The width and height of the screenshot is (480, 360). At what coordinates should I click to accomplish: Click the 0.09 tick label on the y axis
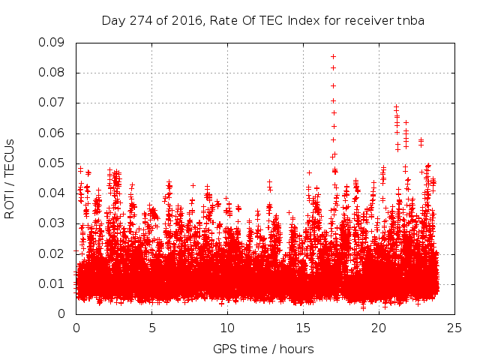[54, 43]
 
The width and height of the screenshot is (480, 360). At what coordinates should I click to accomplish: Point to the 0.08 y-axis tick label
[54, 73]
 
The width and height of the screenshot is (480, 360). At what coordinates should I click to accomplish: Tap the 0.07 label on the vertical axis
[54, 103]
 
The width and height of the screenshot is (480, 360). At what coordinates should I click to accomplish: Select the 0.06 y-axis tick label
[54, 133]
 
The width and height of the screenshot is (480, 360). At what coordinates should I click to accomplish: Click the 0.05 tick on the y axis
[54, 163]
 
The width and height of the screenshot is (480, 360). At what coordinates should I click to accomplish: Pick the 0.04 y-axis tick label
[54, 193]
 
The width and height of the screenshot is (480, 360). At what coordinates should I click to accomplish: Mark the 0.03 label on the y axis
[54, 223]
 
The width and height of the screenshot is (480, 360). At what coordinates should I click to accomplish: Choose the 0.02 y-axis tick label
[54, 253]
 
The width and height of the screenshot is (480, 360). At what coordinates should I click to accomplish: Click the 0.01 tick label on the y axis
[54, 283]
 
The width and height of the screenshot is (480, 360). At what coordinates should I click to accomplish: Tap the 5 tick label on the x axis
[151, 328]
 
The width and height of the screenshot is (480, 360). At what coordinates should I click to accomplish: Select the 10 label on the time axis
[227, 328]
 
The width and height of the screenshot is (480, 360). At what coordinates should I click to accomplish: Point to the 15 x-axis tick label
[303, 328]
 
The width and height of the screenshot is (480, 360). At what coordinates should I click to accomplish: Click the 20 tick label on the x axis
[379, 328]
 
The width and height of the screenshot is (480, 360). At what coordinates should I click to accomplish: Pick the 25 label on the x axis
[454, 328]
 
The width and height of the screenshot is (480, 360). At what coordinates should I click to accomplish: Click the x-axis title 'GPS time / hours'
[263, 349]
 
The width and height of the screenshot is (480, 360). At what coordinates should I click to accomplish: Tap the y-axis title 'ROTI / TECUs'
[10, 178]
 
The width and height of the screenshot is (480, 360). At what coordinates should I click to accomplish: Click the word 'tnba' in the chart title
[410, 20]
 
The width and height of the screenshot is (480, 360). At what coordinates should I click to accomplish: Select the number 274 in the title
[139, 20]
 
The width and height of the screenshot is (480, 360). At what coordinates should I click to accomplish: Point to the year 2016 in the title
[181, 20]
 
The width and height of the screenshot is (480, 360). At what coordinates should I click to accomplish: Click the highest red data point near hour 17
[333, 57]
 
